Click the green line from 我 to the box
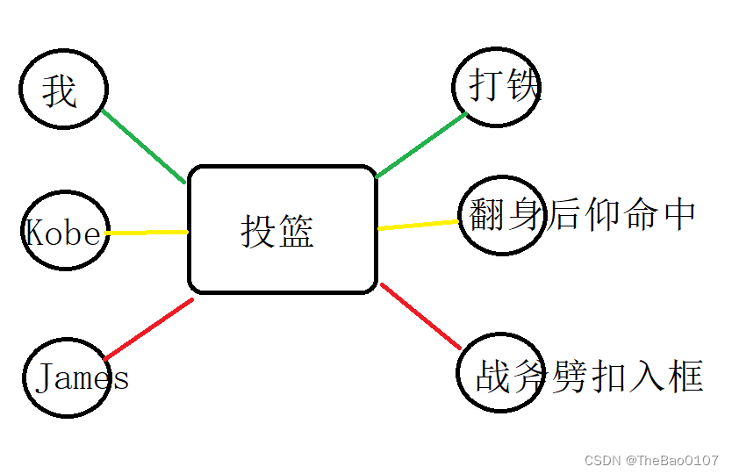pyautogui.click(x=143, y=147)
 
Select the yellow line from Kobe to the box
pyautogui.click(x=147, y=233)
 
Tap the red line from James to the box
pyautogui.click(x=148, y=330)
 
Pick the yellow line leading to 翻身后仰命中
pyautogui.click(x=419, y=225)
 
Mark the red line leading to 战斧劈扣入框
pyautogui.click(x=421, y=316)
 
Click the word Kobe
pyautogui.click(x=63, y=233)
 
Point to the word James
pyautogui.click(x=83, y=377)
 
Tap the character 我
pyautogui.click(x=60, y=90)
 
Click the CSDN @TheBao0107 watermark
pyautogui.click(x=651, y=460)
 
